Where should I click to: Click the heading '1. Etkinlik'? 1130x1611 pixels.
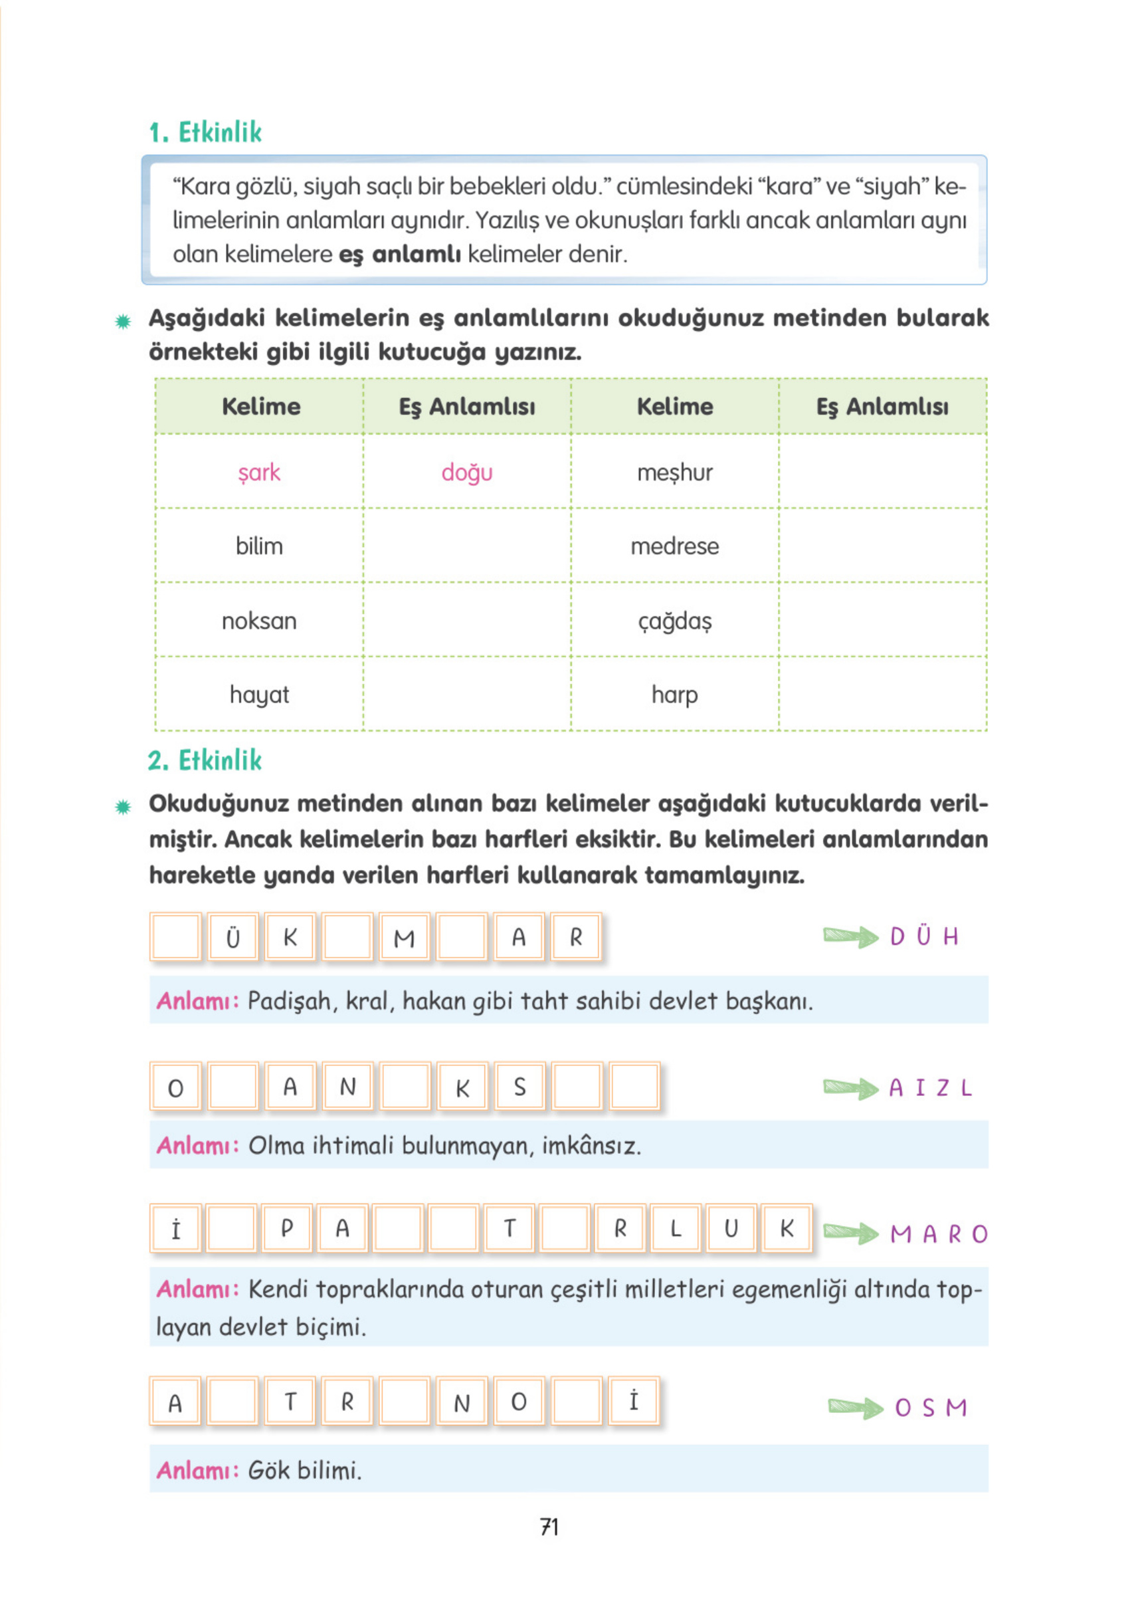pyautogui.click(x=205, y=132)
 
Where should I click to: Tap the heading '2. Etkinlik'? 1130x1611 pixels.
pyautogui.click(x=205, y=760)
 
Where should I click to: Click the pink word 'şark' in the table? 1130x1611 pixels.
pyautogui.click(x=259, y=473)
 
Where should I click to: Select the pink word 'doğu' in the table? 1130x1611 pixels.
pyautogui.click(x=466, y=473)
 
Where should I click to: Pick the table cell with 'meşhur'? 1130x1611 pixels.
pyautogui.click(x=674, y=473)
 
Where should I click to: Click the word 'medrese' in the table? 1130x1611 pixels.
pyautogui.click(x=674, y=546)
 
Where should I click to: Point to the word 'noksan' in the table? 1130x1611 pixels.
pyautogui.click(x=259, y=621)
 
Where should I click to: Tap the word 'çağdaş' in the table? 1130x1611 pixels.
pyautogui.click(x=674, y=621)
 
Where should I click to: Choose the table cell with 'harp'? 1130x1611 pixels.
pyautogui.click(x=674, y=695)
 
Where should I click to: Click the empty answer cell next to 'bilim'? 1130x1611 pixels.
pyautogui.click(x=466, y=546)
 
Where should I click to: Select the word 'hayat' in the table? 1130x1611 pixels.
pyautogui.click(x=259, y=695)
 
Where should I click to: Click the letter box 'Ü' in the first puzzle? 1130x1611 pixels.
pyautogui.click(x=233, y=936)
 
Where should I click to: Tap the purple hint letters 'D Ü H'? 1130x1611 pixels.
pyautogui.click(x=923, y=936)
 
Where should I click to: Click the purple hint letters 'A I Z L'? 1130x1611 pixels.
pyautogui.click(x=930, y=1088)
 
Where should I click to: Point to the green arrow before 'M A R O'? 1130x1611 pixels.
pyautogui.click(x=850, y=1232)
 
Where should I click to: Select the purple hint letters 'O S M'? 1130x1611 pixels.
pyautogui.click(x=930, y=1408)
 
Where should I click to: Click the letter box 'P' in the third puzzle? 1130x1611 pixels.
pyautogui.click(x=287, y=1229)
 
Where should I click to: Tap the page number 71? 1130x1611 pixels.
pyautogui.click(x=549, y=1527)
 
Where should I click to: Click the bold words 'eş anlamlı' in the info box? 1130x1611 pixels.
pyautogui.click(x=400, y=254)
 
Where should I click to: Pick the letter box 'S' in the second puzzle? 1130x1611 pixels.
pyautogui.click(x=519, y=1087)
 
